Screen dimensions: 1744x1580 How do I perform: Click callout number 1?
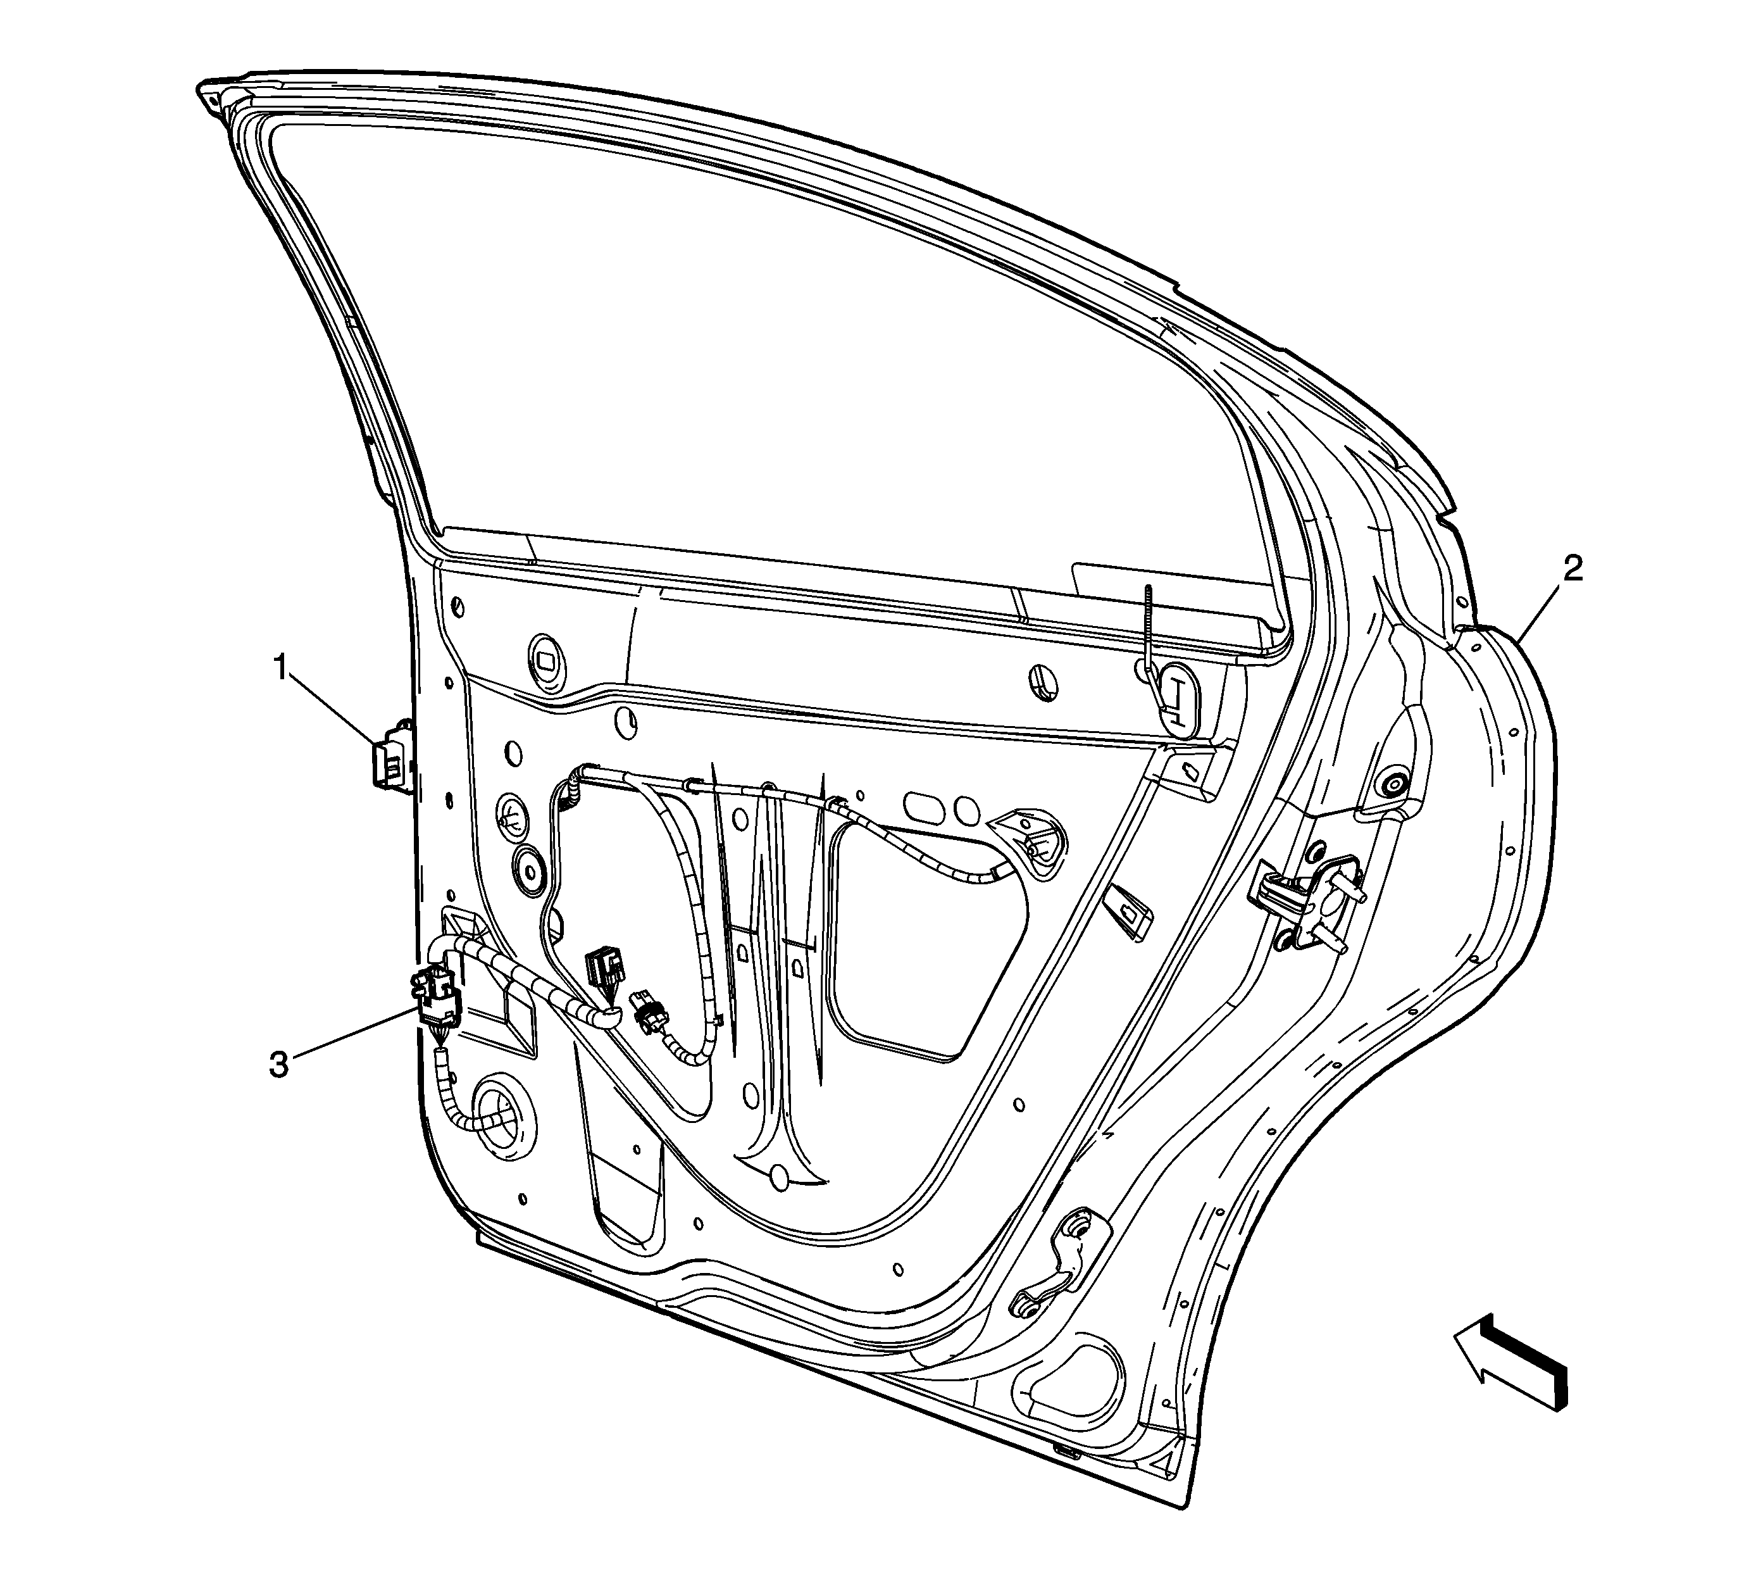280,669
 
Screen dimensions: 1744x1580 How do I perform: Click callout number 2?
1572,568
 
